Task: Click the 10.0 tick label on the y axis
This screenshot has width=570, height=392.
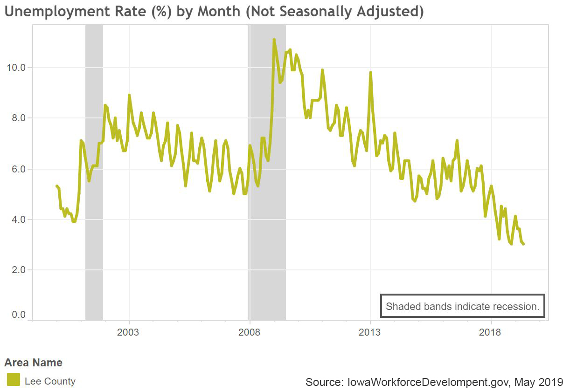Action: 15,68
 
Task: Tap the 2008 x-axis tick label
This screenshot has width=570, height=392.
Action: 250,332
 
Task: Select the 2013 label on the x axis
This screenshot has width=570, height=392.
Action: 370,332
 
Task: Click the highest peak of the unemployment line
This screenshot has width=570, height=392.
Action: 274,40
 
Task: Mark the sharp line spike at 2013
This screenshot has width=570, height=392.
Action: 370,73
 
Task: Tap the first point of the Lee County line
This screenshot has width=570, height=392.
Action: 56,186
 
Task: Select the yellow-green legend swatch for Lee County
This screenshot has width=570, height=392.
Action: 14,379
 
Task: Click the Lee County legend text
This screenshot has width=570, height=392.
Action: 50,381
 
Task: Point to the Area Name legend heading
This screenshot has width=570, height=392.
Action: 33,363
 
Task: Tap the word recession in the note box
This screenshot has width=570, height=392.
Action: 518,307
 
